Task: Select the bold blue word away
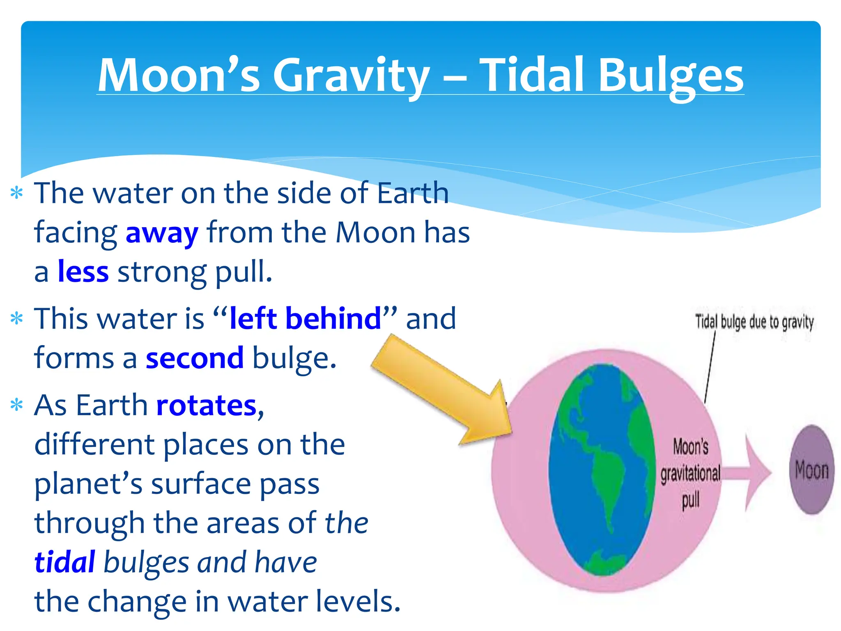click(162, 233)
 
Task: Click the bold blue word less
click(83, 272)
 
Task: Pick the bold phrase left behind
click(306, 319)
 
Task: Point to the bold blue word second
click(195, 358)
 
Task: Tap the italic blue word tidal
click(65, 562)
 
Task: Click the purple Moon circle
click(811, 470)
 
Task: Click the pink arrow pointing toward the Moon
click(747, 472)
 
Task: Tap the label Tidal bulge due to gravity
click(754, 322)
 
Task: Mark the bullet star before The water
click(16, 193)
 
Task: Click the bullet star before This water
click(16, 319)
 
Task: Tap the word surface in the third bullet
click(200, 484)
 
